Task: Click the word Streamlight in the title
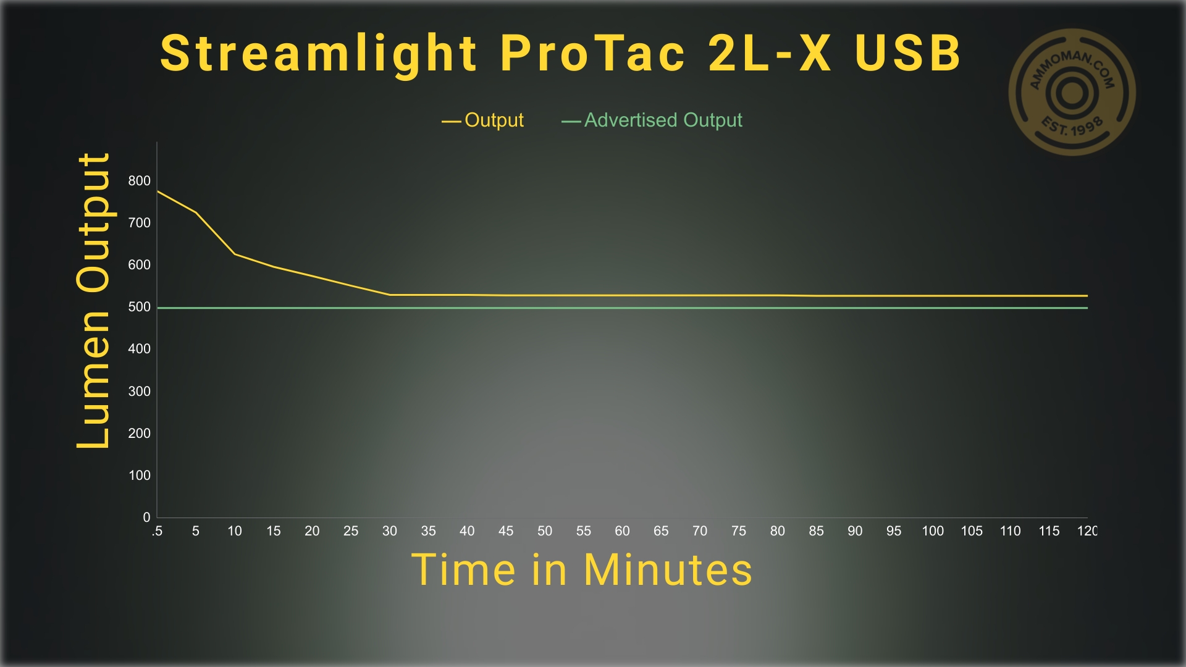coord(319,54)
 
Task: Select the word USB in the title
coord(908,53)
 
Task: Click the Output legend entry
coord(482,120)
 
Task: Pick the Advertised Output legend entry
coord(652,120)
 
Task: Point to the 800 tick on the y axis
coord(139,181)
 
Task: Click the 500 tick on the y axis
coord(139,307)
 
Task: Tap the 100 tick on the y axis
coord(139,476)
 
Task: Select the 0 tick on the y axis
coord(146,518)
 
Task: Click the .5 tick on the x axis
coord(157,531)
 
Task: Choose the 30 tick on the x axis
coord(390,531)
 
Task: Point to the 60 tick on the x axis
coord(622,531)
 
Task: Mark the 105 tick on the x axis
coord(972,531)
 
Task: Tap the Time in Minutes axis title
coord(582,569)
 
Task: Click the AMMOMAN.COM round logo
coord(1072,93)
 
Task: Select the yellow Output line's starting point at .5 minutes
coord(158,191)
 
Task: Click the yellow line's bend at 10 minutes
coord(235,254)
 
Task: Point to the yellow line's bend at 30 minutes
coord(390,295)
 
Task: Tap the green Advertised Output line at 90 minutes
coord(855,308)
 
